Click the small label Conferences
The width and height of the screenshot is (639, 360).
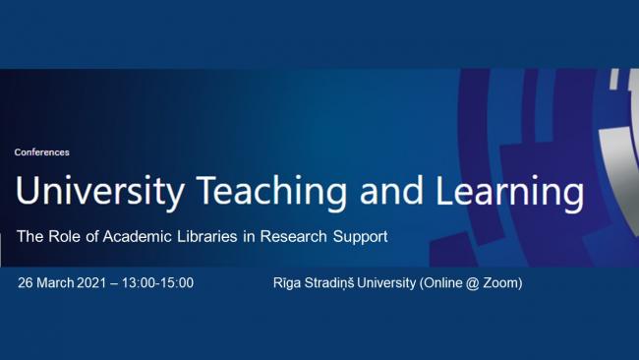click(x=42, y=152)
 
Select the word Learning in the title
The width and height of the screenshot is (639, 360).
click(x=510, y=193)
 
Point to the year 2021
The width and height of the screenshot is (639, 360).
click(x=101, y=283)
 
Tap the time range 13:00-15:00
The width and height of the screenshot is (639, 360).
click(x=161, y=283)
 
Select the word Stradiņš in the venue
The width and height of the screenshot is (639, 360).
click(x=338, y=283)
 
